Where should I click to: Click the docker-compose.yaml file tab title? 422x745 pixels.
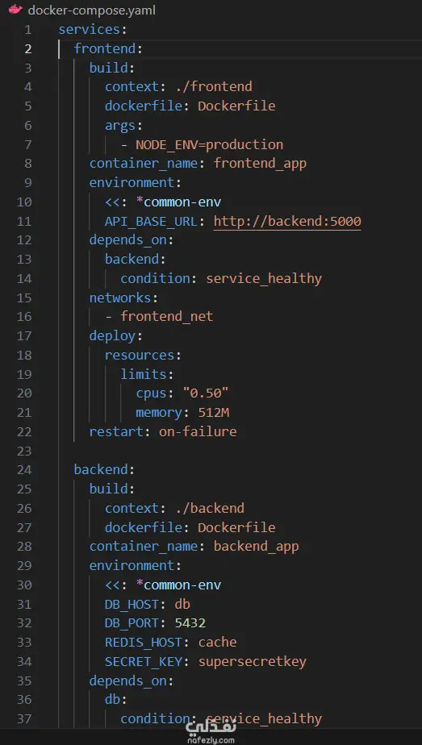91,10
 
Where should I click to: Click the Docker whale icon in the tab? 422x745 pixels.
15,10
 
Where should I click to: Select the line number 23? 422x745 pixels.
26,451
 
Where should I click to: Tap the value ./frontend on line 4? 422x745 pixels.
218,86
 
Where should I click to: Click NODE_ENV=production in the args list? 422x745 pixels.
209,144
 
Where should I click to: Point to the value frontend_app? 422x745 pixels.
260,164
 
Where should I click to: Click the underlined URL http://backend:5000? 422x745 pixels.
287,221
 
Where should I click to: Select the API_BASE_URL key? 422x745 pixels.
151,222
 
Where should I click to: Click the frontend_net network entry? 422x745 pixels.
167,316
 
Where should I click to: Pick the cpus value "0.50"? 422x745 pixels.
206,393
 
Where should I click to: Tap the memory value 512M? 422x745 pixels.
213,413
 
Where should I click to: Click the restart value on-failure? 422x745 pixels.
198,431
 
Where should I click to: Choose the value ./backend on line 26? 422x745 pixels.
210,508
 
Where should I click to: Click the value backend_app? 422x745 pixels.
256,547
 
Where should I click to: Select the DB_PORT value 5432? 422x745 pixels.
190,623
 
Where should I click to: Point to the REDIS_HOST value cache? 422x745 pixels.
217,642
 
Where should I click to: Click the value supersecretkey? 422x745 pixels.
253,661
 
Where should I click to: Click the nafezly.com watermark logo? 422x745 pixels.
211,732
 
